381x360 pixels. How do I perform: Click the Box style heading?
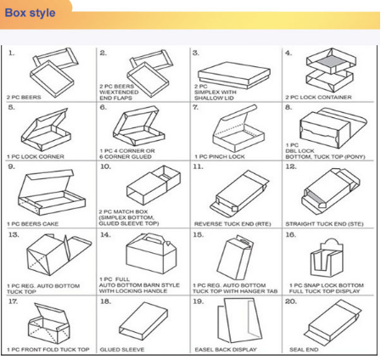(31, 14)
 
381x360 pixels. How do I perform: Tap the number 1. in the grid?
(11, 53)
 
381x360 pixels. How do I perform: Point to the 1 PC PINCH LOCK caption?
(221, 157)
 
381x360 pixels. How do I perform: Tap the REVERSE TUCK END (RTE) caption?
(227, 223)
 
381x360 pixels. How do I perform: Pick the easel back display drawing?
(231, 321)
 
